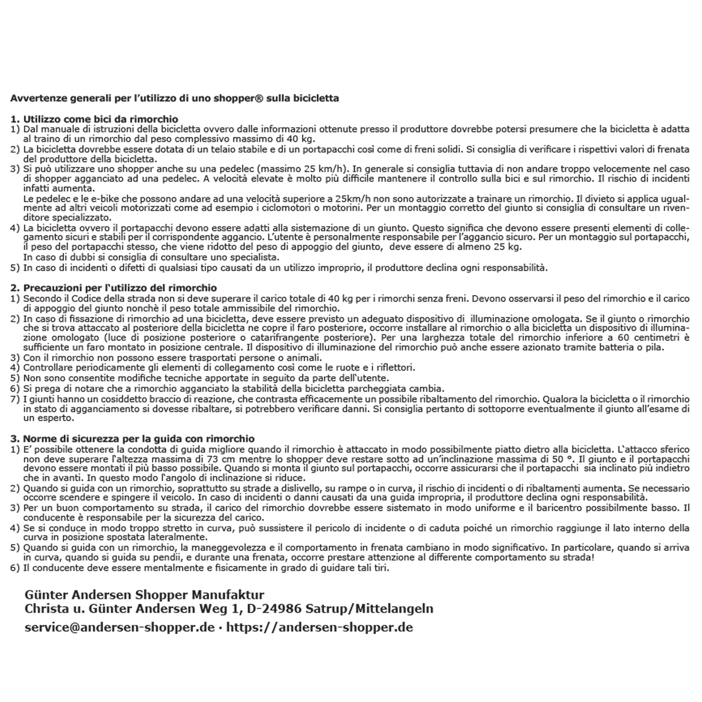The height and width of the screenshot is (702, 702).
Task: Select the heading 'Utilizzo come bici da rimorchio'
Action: [x=101, y=119]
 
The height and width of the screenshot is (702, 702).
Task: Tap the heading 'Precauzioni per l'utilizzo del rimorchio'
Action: [x=120, y=288]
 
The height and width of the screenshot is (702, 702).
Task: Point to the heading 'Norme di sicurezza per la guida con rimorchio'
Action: [x=139, y=439]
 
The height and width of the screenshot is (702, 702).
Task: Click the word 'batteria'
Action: [x=633, y=347]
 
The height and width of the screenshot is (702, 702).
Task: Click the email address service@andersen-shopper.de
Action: [x=120, y=627]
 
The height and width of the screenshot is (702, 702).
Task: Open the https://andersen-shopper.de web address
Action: [x=320, y=627]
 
